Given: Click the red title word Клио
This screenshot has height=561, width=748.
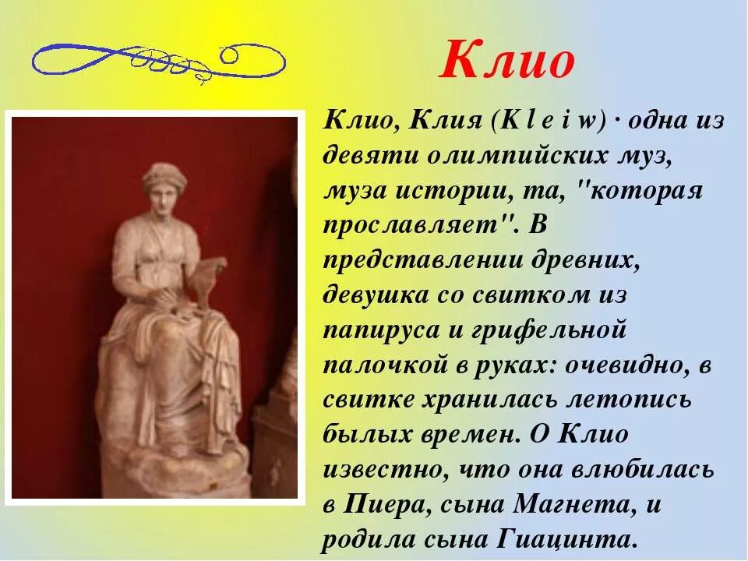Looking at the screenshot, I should point(507,61).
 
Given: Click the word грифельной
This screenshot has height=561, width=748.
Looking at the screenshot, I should point(550,330).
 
